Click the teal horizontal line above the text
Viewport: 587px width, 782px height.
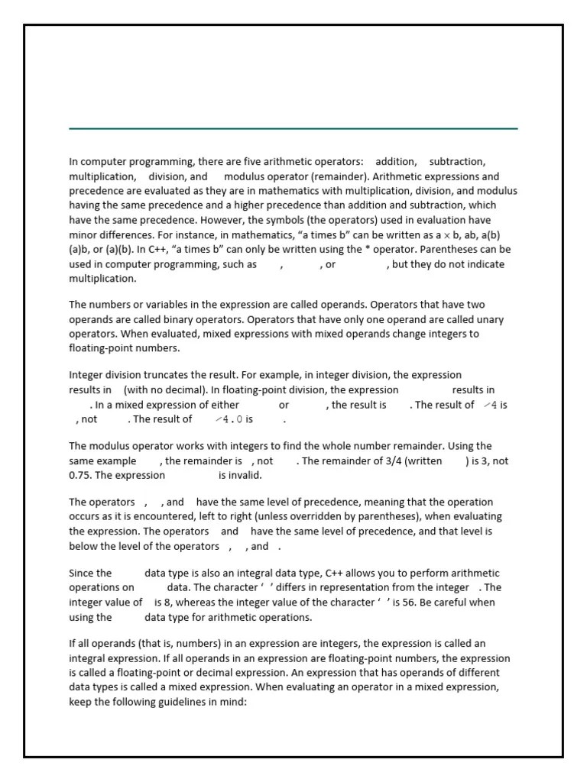coord(293,129)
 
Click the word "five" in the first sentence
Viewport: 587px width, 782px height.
coord(285,162)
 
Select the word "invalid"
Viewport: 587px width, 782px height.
coord(245,475)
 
